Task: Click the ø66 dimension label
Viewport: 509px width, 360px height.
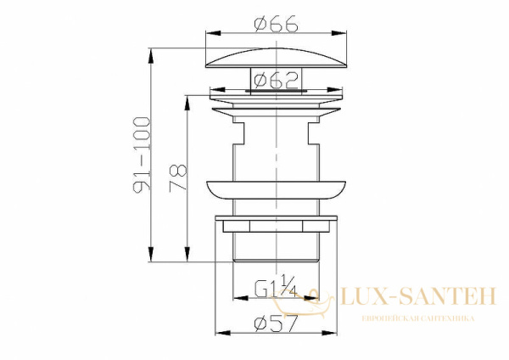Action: tap(276, 24)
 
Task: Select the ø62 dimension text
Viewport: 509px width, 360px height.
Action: tap(276, 81)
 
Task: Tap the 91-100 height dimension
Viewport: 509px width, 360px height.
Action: tap(142, 155)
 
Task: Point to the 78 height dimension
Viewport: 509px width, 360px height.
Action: tap(178, 178)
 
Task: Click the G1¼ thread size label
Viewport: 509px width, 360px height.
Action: tap(276, 287)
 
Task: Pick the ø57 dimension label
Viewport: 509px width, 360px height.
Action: tap(276, 323)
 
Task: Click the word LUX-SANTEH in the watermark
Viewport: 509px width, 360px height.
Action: tap(418, 296)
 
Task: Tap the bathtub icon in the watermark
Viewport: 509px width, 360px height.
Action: tap(303, 301)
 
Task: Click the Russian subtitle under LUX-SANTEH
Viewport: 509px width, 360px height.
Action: tap(418, 318)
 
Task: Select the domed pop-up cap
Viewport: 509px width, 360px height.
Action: tap(276, 59)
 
